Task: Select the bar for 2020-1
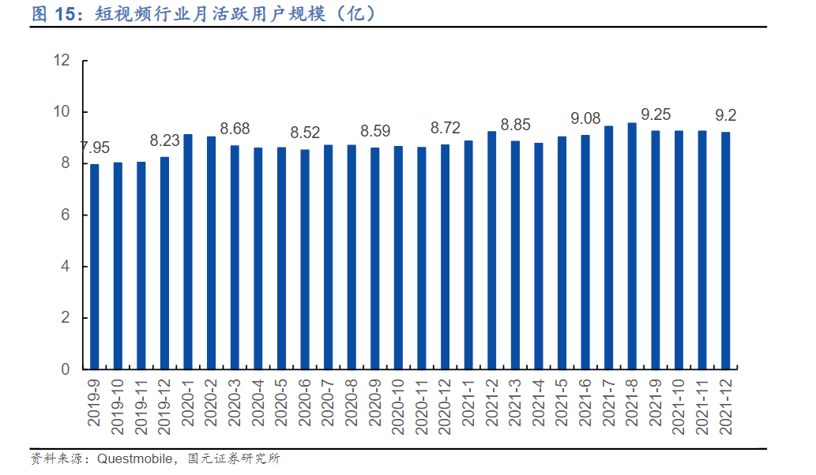188,252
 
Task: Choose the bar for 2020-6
305,260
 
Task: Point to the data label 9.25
656,114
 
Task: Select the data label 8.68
235,128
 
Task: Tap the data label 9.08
585,118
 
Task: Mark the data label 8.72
445,127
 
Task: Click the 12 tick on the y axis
62,61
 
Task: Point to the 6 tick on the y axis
66,215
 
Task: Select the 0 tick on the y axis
66,369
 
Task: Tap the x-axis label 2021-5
562,402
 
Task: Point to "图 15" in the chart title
55,13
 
